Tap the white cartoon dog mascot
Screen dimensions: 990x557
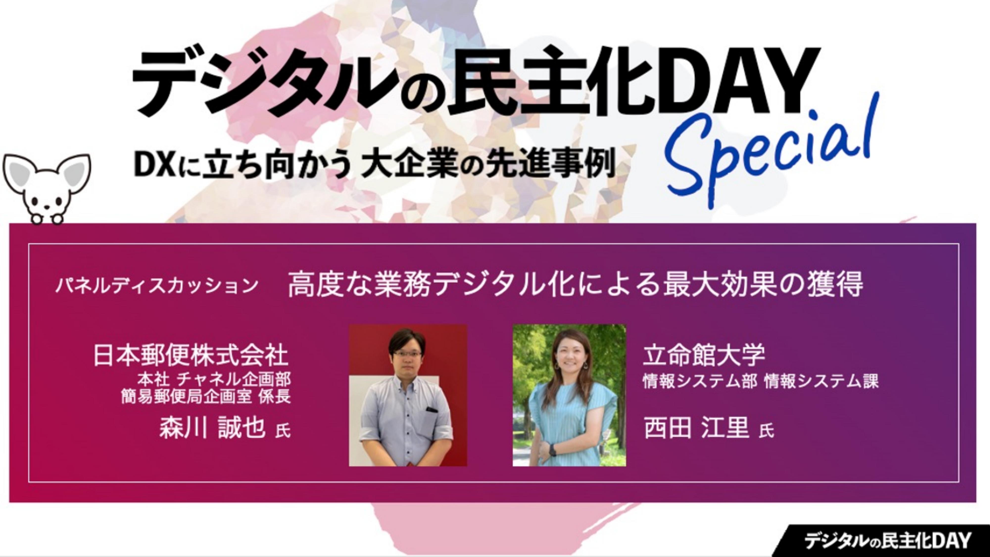pos(47,189)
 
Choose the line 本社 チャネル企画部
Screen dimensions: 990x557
pos(214,380)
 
